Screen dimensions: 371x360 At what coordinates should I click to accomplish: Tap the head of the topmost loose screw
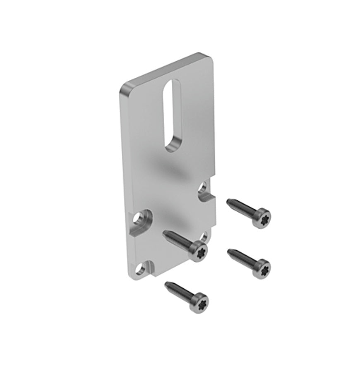tap(262, 218)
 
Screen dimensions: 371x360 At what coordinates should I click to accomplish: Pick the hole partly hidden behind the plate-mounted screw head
tap(204, 237)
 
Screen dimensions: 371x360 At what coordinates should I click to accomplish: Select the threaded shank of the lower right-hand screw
tap(242, 258)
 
